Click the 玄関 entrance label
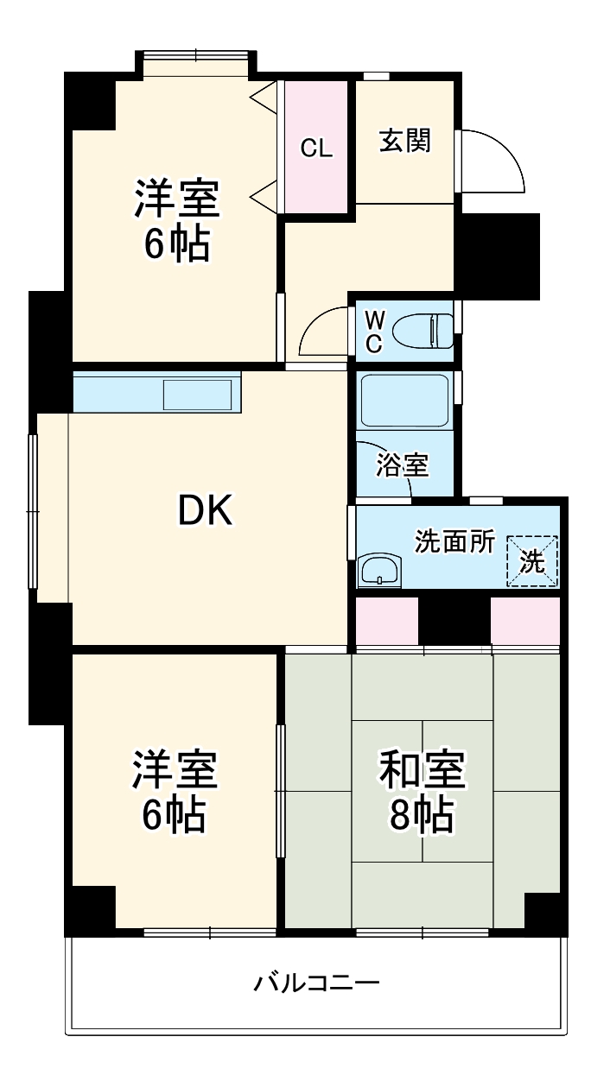point(404,141)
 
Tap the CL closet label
point(316,148)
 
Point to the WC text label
point(373,332)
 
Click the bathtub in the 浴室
point(404,402)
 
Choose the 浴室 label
point(402,465)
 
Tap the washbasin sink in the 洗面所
point(378,571)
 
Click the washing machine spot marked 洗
point(532,561)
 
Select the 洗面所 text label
point(455,541)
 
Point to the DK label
point(205,512)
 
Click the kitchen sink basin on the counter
point(198,395)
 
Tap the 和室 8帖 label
point(422,792)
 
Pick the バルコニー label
point(316,983)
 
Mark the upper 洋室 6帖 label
point(176,220)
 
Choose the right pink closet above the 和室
point(525,620)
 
